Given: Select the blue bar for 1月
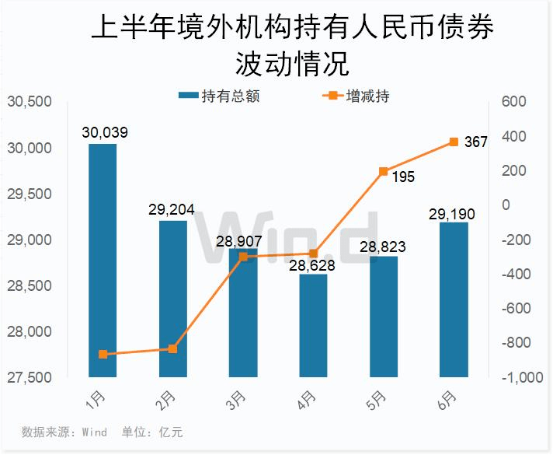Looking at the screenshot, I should tap(103, 261).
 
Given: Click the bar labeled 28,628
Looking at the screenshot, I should tap(313, 326).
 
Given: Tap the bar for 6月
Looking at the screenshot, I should tap(454, 299).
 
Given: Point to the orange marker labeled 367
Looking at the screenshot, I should tap(454, 142).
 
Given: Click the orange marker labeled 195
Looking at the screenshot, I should tap(383, 171).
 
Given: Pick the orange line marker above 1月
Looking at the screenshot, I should tap(103, 355).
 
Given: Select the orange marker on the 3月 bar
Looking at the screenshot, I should tap(243, 257).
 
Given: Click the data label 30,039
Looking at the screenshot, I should tap(104, 133).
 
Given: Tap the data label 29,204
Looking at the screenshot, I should tap(171, 209).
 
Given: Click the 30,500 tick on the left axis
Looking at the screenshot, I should tap(29, 102).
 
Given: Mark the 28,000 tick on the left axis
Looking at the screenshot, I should tap(29, 332).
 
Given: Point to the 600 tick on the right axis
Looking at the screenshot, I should tap(514, 102).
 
